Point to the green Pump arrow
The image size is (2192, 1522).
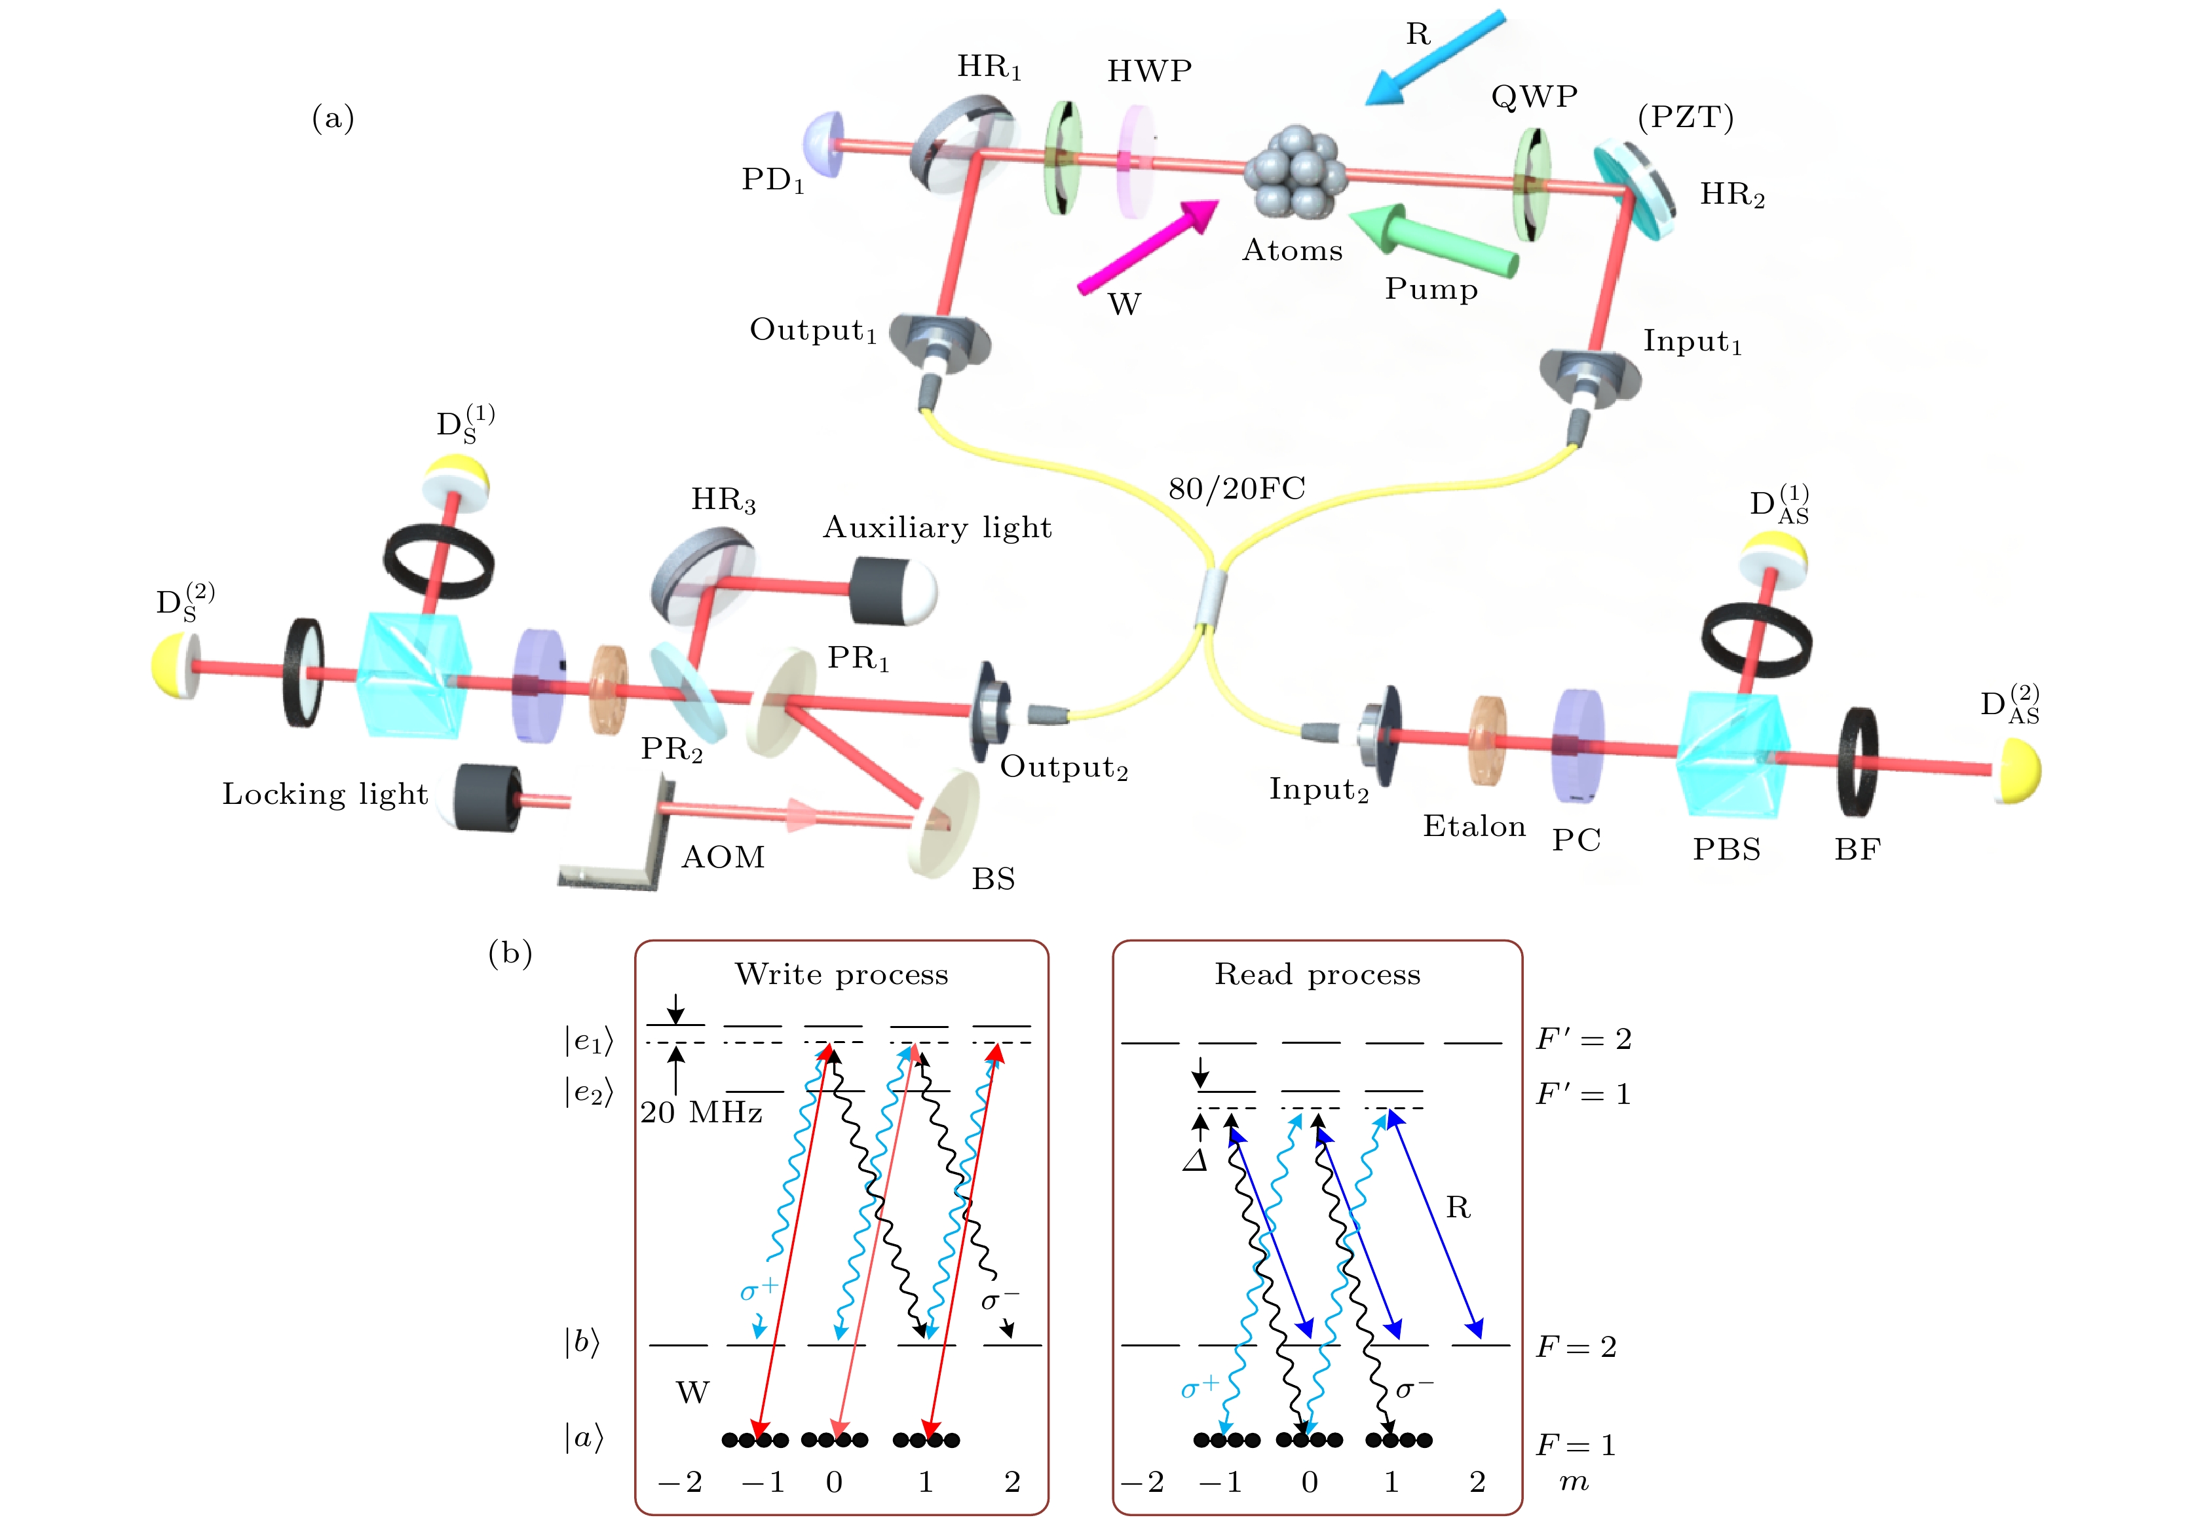pos(1434,239)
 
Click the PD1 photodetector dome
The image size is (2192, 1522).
pos(823,145)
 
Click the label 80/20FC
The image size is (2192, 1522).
pos(1237,489)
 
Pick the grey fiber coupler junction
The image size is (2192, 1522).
pos(1211,598)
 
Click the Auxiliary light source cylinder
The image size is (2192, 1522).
pos(892,590)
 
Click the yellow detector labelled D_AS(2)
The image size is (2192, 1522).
pos(2016,770)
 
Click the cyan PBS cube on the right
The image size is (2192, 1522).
pos(1731,754)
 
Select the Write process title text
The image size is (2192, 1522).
pos(841,975)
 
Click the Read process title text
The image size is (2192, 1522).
pos(1317,975)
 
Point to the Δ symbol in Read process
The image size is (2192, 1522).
pos(1196,1160)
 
